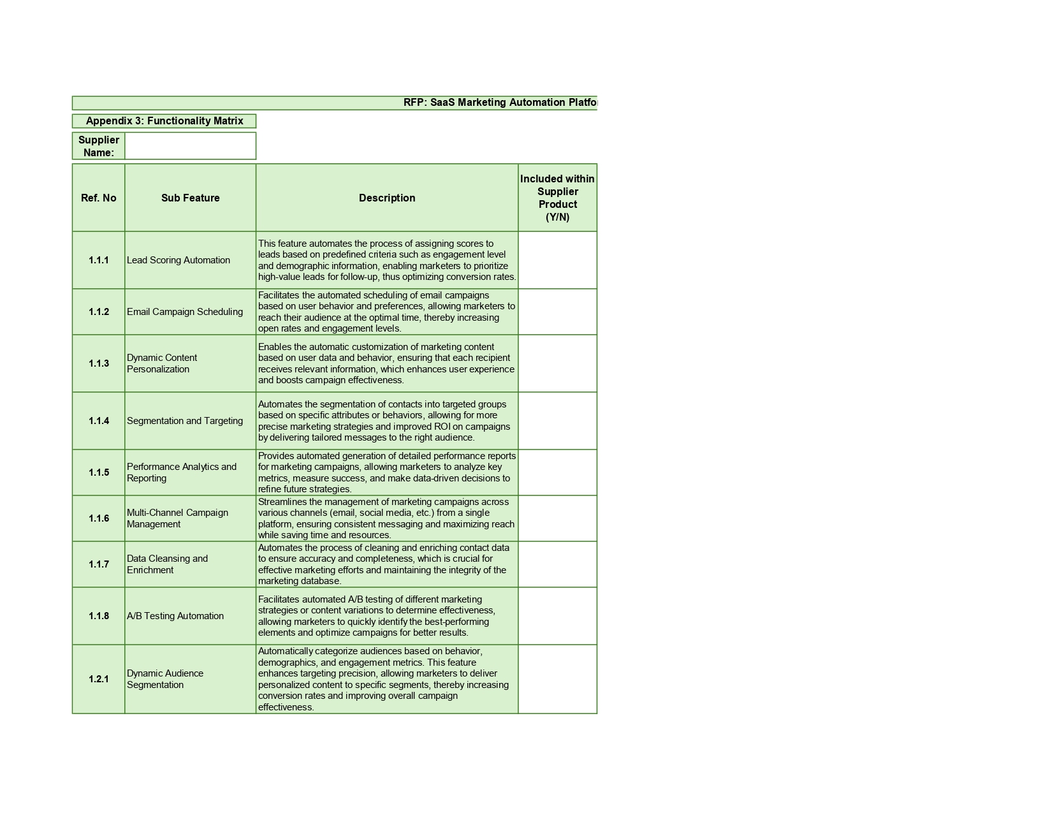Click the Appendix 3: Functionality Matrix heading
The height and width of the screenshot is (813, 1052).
pos(164,121)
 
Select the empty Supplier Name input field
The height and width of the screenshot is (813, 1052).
pos(190,146)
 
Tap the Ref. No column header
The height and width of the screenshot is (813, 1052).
pos(99,198)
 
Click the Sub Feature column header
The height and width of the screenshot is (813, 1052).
pos(190,198)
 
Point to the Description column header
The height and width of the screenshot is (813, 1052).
pos(387,198)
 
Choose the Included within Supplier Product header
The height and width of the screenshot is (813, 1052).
pos(557,198)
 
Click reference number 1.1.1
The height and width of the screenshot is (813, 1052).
pos(99,260)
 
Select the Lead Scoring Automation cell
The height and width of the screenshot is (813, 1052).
pos(179,260)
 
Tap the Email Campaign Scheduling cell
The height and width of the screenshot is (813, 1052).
pos(185,312)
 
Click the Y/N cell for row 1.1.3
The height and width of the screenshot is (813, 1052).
pos(557,363)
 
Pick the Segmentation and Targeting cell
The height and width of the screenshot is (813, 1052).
pos(185,421)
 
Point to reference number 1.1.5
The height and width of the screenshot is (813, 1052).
pos(99,472)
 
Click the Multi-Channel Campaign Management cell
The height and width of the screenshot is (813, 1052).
pos(177,518)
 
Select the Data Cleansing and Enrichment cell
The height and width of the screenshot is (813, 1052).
pos(167,564)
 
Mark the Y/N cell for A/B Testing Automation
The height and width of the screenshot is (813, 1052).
pos(557,616)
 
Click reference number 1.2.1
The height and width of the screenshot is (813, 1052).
pos(99,679)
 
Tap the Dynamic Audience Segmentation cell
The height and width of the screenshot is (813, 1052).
pos(165,679)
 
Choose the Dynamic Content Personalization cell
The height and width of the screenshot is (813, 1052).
pos(162,363)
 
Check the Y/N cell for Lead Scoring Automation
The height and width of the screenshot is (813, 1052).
pos(557,260)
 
